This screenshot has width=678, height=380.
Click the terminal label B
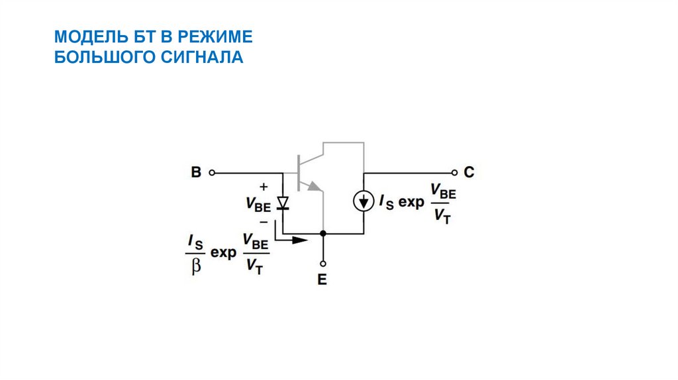[196, 173]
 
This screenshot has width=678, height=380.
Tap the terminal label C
[469, 173]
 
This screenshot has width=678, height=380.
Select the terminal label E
[322, 279]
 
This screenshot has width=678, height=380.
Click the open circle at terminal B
[212, 173]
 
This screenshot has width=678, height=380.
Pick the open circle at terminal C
[454, 173]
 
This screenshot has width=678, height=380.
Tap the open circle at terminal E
[322, 263]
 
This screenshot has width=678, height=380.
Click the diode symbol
[283, 203]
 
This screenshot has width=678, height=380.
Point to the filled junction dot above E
[322, 233]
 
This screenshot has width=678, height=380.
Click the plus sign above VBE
[264, 187]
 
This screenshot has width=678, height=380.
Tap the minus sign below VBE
[264, 222]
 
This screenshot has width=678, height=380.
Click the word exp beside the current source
[411, 203]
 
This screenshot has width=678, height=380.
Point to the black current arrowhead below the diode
[301, 240]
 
